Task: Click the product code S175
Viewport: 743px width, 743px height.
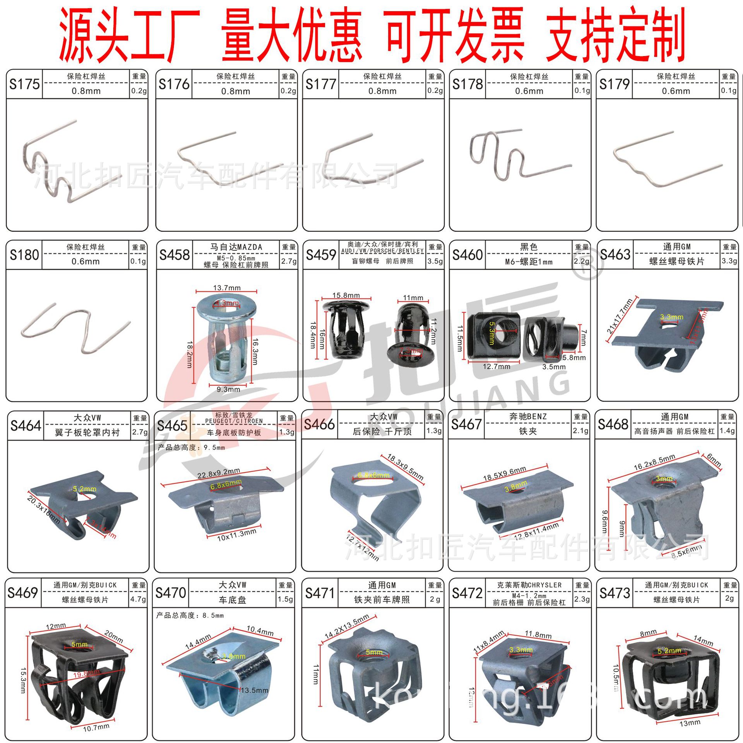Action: pyautogui.click(x=24, y=84)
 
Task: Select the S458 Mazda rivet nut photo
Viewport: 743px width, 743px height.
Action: pyautogui.click(x=226, y=337)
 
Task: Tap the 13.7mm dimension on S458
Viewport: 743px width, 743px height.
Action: pyautogui.click(x=227, y=288)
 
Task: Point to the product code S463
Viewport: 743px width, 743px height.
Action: pyautogui.click(x=615, y=254)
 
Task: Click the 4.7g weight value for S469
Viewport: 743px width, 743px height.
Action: pyautogui.click(x=138, y=599)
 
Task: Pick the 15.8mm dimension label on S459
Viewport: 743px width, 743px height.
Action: pyautogui.click(x=346, y=295)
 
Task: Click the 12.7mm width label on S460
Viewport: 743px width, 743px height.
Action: pyautogui.click(x=496, y=366)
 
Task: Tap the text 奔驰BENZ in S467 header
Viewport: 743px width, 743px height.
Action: pyautogui.click(x=528, y=416)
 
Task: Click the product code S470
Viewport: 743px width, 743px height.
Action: pyautogui.click(x=171, y=592)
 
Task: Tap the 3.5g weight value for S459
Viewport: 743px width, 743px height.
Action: pyautogui.click(x=435, y=261)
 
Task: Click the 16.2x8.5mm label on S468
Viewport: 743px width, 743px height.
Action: pyautogui.click(x=654, y=462)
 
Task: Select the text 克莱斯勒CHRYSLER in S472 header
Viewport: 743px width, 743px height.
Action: pyautogui.click(x=529, y=585)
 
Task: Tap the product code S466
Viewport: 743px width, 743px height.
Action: pyautogui.click(x=319, y=424)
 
